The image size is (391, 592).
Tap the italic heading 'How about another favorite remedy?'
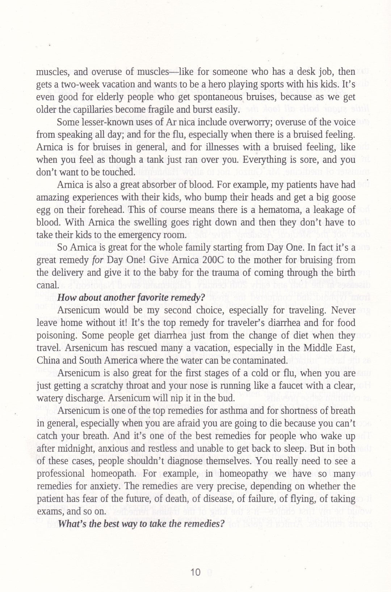[131, 298]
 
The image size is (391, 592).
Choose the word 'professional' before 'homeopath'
[60, 474]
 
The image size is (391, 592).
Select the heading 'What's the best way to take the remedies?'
[139, 524]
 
